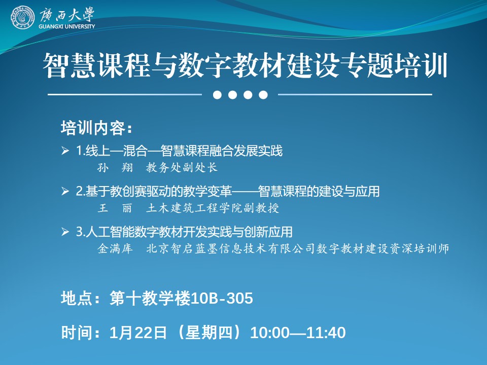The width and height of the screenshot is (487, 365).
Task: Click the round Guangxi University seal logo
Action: (22, 17)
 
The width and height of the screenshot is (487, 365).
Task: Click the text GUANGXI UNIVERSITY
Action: (67, 26)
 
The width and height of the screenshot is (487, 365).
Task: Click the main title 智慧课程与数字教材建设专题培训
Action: (245, 65)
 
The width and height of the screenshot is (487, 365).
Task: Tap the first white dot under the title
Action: (218, 95)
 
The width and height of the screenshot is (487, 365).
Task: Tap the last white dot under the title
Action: (263, 95)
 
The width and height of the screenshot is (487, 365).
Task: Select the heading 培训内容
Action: (93, 128)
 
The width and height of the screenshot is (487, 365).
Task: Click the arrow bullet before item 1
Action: (65, 151)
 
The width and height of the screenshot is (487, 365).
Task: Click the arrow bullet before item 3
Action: (65, 232)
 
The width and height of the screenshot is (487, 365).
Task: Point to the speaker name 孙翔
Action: (115, 168)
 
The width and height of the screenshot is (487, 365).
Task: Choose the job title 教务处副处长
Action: (182, 168)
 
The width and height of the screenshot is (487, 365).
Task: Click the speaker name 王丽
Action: (115, 208)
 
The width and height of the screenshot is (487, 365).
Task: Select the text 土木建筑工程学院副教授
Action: (213, 208)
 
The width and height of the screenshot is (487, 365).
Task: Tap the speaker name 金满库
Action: (115, 248)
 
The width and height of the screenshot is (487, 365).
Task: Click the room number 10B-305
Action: (222, 299)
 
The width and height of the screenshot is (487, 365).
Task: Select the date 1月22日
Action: (138, 333)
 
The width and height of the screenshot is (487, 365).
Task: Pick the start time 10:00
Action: (269, 333)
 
